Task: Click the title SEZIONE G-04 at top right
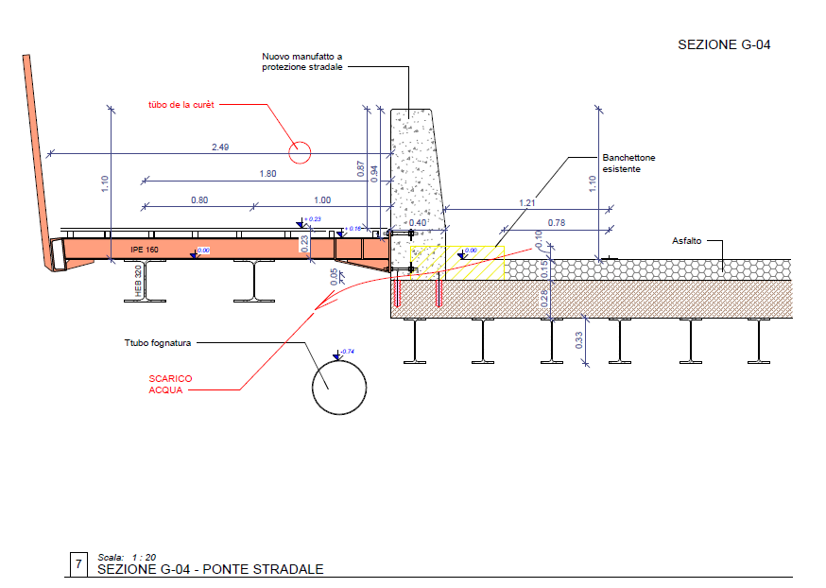725,44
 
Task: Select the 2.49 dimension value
220,147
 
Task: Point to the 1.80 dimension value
267,173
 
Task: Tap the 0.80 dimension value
199,199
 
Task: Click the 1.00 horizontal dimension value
322,199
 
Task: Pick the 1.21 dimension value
527,203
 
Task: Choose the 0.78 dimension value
557,223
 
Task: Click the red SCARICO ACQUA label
170,384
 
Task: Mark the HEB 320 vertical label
138,283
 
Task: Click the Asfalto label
688,240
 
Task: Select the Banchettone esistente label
628,164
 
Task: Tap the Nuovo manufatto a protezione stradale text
302,61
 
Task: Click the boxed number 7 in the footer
78,564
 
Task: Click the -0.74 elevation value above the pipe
348,352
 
